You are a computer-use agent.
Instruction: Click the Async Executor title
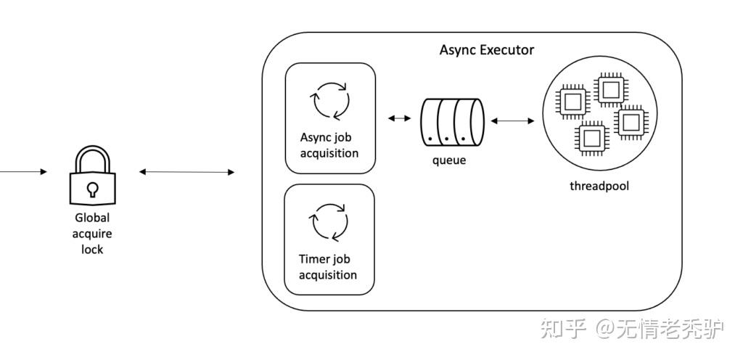tap(486, 50)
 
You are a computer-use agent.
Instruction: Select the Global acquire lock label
tap(92, 233)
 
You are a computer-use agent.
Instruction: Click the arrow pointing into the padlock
tap(25, 172)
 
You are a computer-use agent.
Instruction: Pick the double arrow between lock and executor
tap(186, 172)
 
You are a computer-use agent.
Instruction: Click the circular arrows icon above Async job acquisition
tap(330, 99)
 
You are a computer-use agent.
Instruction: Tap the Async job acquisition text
tap(329, 144)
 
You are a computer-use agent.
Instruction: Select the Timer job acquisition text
tap(328, 266)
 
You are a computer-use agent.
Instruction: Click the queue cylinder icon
tap(452, 120)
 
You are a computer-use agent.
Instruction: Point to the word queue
tap(449, 160)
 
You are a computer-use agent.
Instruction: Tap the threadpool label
tap(599, 186)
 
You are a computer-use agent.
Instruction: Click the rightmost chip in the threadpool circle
tap(629, 121)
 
